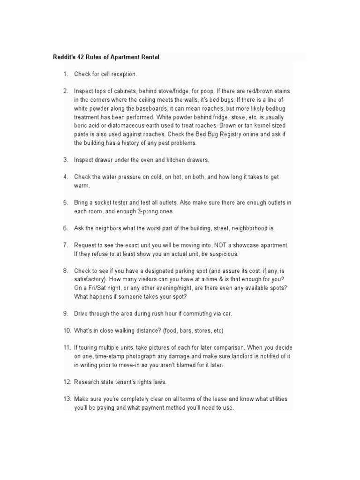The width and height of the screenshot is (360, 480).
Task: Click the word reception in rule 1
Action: click(x=121, y=74)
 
